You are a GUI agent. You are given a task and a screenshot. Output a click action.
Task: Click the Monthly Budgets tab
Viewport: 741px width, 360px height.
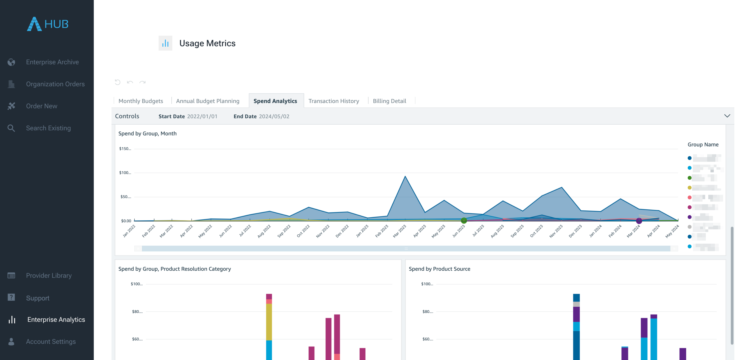coord(141,101)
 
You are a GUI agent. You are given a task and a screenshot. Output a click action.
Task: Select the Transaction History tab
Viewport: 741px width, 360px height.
coord(333,101)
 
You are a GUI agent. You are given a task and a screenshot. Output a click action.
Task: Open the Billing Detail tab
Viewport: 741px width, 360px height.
coord(389,101)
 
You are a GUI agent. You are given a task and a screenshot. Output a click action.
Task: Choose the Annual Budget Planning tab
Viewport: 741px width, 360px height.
coord(207,101)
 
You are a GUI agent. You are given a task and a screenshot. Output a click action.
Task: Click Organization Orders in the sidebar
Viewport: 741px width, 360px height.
coord(55,84)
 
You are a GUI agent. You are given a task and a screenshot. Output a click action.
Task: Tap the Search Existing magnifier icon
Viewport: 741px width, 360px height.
coord(11,128)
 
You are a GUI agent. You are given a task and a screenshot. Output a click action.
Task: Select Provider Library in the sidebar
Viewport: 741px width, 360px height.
coord(49,275)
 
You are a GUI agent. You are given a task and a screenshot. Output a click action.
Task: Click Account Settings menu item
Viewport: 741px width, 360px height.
coord(51,342)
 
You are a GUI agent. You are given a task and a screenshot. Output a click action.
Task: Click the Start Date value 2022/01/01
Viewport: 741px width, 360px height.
coord(202,116)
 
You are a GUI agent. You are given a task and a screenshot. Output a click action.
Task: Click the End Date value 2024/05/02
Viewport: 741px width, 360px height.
coord(274,116)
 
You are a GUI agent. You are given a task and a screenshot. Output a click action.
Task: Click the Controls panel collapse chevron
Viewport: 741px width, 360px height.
coord(727,116)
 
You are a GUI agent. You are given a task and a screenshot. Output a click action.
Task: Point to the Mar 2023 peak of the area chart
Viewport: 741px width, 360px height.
coord(405,176)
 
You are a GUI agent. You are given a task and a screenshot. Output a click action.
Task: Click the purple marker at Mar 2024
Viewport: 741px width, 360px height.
coord(639,221)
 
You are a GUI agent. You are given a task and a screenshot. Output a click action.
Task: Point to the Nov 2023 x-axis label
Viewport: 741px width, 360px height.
coord(556,231)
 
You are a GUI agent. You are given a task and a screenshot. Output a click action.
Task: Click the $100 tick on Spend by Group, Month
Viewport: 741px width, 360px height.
coord(125,173)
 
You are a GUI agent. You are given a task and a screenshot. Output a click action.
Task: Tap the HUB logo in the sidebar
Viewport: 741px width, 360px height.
coord(48,24)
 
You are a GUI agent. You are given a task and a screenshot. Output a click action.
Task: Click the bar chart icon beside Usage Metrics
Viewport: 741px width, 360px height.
coord(165,43)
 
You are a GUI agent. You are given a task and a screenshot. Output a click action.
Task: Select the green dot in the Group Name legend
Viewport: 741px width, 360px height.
coord(690,178)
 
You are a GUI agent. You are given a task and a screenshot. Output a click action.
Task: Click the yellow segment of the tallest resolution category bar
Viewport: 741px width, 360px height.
coord(269,322)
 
